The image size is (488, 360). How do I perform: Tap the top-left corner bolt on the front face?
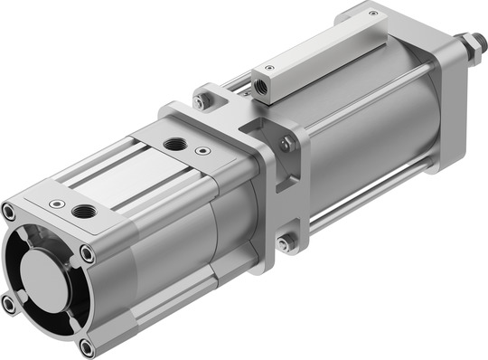pyautogui.click(x=9, y=213)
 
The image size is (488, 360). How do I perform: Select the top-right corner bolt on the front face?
pyautogui.click(x=88, y=254)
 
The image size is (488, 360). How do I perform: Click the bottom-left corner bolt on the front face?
pyautogui.click(x=8, y=305)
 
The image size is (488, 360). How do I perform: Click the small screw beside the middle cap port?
pyautogui.click(x=202, y=150)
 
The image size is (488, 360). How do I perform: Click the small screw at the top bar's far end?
pyautogui.click(x=373, y=14)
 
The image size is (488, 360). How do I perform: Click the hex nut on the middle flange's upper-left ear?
pyautogui.click(x=200, y=101)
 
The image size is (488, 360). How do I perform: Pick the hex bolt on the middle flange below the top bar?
pyautogui.click(x=286, y=143)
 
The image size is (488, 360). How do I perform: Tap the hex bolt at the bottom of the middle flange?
pyautogui.click(x=285, y=243)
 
